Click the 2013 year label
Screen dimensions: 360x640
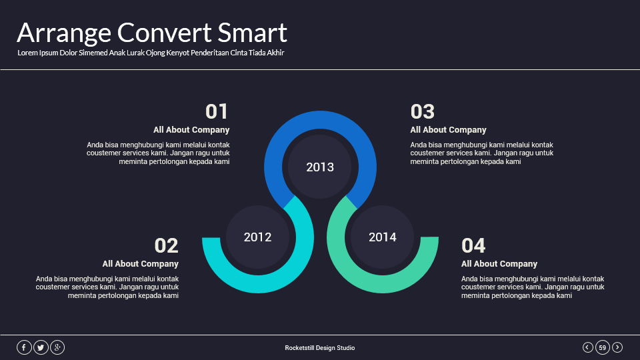point(320,167)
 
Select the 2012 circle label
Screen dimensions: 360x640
point(257,237)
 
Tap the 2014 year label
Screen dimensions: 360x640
point(383,237)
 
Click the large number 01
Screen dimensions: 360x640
point(217,111)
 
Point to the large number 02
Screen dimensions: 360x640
point(166,245)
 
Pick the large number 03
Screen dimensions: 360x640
point(423,111)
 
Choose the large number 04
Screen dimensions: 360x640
point(473,245)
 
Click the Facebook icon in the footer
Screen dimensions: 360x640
point(24,347)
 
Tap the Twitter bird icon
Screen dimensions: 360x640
point(41,347)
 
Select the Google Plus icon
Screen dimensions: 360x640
point(57,347)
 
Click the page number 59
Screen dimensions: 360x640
point(603,347)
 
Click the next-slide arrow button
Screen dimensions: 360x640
point(617,347)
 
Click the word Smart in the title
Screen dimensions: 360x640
point(253,33)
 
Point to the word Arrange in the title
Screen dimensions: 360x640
point(64,33)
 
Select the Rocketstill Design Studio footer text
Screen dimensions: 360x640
point(320,348)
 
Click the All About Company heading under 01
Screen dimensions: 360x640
point(191,130)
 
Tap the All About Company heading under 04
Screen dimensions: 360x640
point(499,264)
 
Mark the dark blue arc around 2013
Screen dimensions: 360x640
point(320,120)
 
